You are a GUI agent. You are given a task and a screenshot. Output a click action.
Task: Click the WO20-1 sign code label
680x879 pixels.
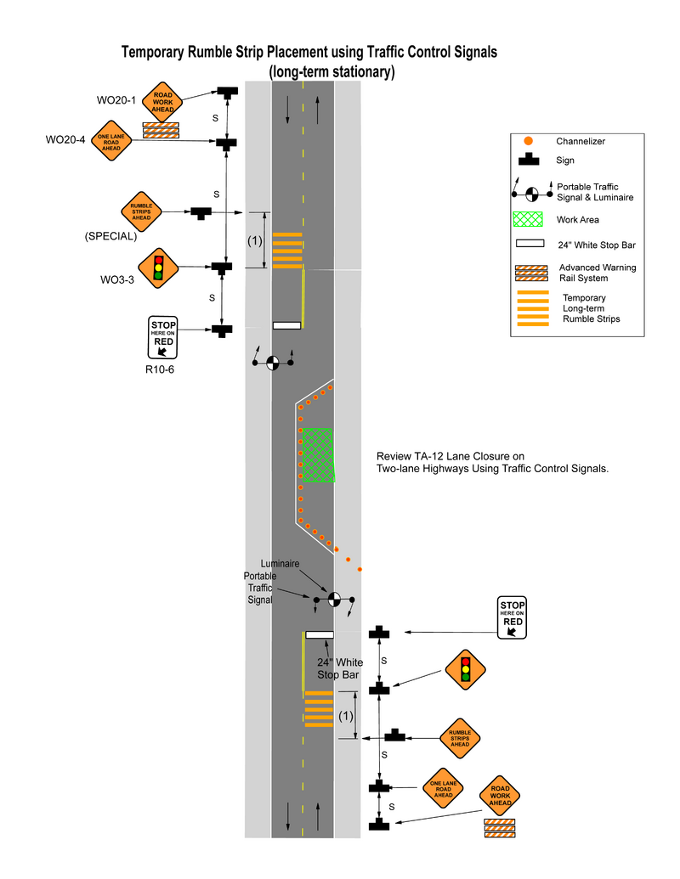(x=116, y=100)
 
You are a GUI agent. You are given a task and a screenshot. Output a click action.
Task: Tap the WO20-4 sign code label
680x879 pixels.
(x=65, y=139)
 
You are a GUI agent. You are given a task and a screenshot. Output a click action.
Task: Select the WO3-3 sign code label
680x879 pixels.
(x=117, y=278)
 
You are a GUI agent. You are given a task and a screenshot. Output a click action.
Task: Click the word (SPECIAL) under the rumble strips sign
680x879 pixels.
(x=110, y=237)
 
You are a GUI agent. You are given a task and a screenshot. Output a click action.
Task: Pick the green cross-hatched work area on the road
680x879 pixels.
(x=318, y=455)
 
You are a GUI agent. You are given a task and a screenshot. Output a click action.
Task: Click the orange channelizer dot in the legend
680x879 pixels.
(x=529, y=140)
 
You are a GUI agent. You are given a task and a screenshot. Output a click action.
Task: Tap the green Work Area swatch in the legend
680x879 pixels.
(x=529, y=219)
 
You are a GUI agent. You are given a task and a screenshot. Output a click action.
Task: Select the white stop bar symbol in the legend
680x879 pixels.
(x=529, y=245)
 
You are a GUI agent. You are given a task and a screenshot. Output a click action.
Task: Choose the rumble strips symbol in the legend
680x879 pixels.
(x=533, y=308)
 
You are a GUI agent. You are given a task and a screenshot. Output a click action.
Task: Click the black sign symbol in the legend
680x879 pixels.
(x=529, y=160)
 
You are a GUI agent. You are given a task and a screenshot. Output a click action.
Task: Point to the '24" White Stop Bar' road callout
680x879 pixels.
(x=340, y=668)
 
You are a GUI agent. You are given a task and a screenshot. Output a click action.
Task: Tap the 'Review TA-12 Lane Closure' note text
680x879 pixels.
(x=492, y=462)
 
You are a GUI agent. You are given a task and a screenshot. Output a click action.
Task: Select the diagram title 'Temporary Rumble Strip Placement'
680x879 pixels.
(x=309, y=53)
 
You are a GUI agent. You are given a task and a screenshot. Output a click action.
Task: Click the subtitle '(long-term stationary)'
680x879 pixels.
(x=331, y=72)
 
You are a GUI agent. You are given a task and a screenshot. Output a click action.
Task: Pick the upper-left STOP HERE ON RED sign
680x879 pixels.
(x=163, y=336)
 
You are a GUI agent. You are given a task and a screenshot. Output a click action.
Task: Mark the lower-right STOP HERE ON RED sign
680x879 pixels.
(x=513, y=617)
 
